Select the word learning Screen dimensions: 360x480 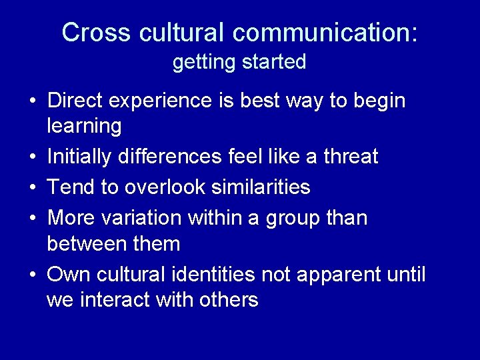pyautogui.click(x=84, y=127)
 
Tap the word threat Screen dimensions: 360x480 pyautogui.click(x=351, y=157)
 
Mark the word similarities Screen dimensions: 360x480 pyautogui.click(x=261, y=187)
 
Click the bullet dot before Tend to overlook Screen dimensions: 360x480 pyautogui.click(x=33, y=188)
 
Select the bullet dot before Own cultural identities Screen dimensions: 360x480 pyautogui.click(x=33, y=275)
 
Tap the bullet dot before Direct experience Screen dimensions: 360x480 pyautogui.click(x=33, y=101)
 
